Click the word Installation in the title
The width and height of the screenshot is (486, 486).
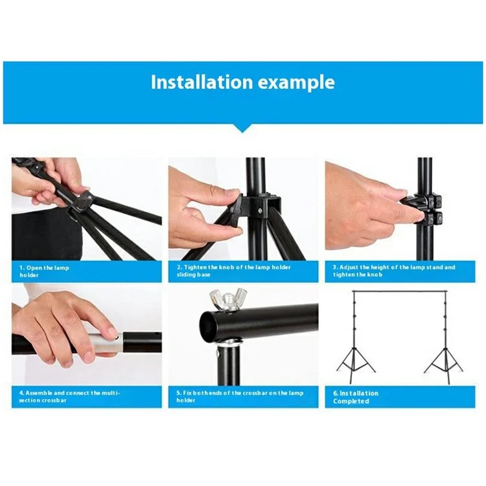click(202, 82)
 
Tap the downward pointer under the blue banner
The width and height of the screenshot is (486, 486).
click(243, 128)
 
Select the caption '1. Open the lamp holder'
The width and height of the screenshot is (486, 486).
click(44, 272)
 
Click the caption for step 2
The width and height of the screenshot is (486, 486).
click(234, 271)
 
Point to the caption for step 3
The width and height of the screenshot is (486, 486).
click(394, 271)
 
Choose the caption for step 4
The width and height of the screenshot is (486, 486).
click(69, 397)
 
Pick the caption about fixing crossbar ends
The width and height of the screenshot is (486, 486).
click(240, 397)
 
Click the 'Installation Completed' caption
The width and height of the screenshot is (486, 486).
click(356, 397)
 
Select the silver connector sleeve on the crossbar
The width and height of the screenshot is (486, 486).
click(107, 343)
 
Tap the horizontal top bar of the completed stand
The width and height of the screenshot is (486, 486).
click(400, 292)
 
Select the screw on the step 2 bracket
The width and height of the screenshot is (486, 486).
click(259, 211)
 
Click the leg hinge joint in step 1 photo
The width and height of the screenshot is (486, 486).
click(81, 203)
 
